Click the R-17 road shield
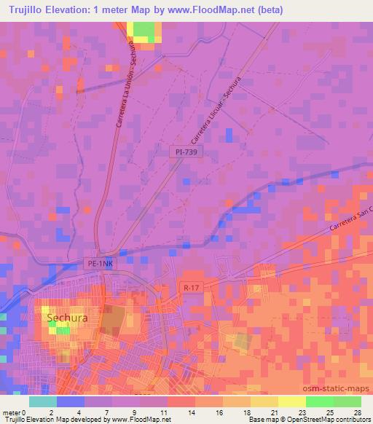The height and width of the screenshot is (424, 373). [191, 288]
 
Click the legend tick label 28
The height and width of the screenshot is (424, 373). [356, 412]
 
